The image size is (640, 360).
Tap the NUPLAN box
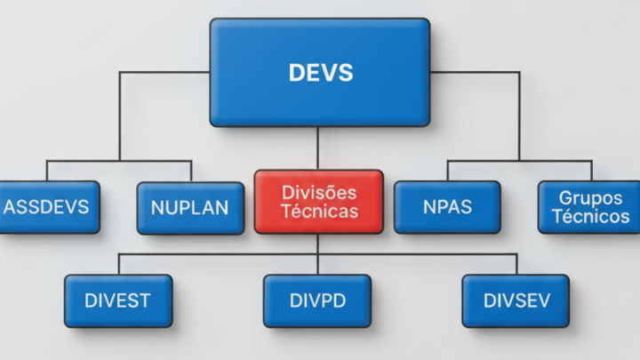coord(190,208)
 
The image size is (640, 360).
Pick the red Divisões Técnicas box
coord(318,202)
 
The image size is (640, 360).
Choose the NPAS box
coord(446,207)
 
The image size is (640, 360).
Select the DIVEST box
coord(117,300)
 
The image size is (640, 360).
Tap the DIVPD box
coord(317,300)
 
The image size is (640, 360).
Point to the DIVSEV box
coord(516,300)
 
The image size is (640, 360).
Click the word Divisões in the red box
coord(318,193)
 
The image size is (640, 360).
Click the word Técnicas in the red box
coord(318,212)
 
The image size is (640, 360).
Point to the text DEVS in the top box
coord(320,73)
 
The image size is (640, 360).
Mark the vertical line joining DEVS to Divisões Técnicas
coord(318,148)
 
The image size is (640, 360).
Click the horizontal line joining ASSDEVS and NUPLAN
coord(118,161)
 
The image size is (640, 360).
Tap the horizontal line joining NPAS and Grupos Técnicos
coord(518,161)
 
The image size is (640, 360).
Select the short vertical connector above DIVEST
coord(118,264)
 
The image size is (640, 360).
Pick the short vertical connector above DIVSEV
coord(516,264)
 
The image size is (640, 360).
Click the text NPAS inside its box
coord(446,208)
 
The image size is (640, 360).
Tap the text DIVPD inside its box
coord(317,300)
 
